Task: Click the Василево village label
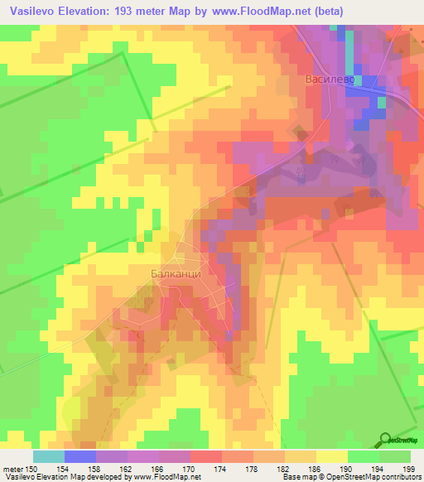[330, 80]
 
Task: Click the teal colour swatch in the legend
[49, 456]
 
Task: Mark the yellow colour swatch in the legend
[332, 456]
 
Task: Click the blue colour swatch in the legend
[80, 456]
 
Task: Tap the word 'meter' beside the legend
[14, 468]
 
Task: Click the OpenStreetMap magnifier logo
[386, 440]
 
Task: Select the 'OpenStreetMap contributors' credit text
[378, 477]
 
